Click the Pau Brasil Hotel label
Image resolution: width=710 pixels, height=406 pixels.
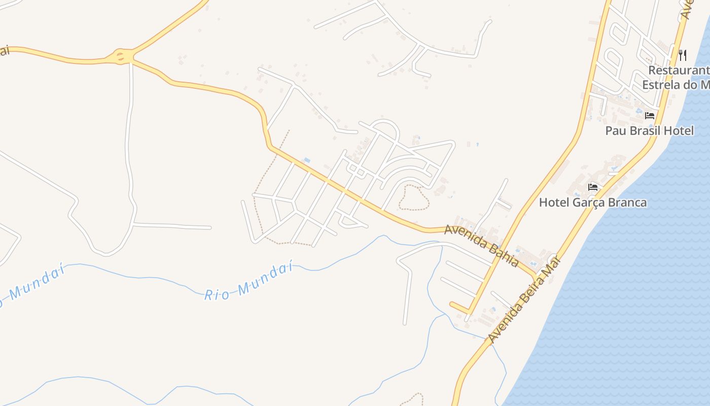pyautogui.click(x=649, y=130)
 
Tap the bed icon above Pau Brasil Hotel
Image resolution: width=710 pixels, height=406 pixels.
pyautogui.click(x=650, y=116)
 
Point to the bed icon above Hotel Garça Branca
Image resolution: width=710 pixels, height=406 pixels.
pyautogui.click(x=592, y=187)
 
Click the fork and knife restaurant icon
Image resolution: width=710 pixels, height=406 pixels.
pyautogui.click(x=683, y=55)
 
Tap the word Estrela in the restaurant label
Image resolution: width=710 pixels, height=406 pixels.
pyautogui.click(x=660, y=85)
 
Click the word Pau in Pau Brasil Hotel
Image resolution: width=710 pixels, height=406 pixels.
pyautogui.click(x=615, y=130)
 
